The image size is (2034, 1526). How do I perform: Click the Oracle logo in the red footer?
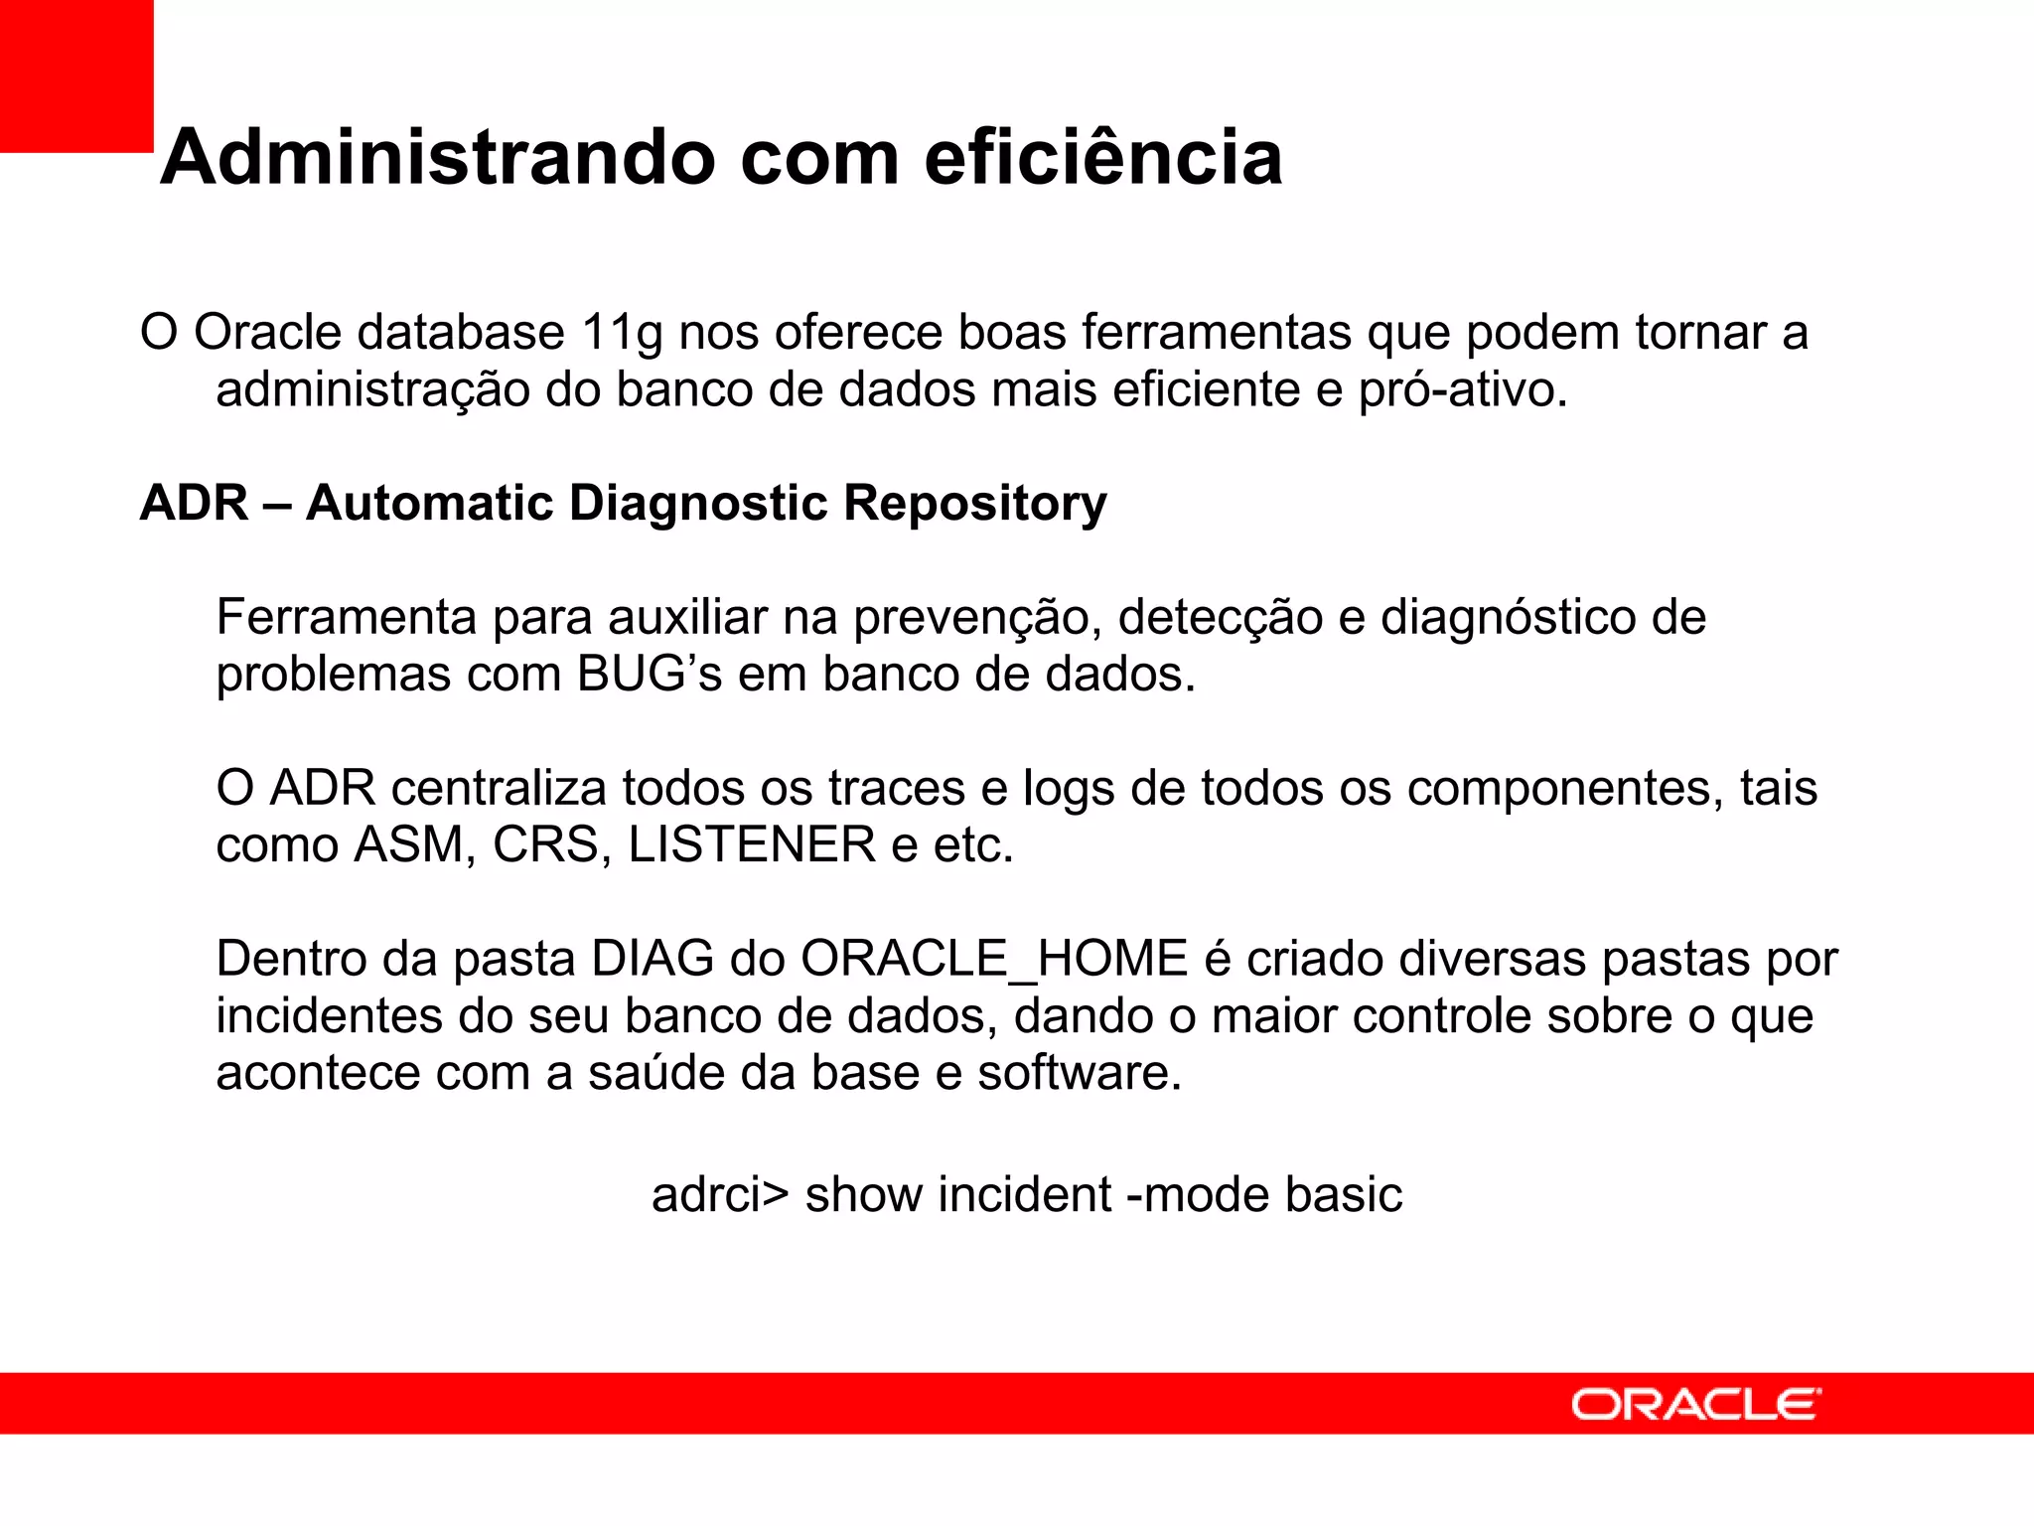(1695, 1405)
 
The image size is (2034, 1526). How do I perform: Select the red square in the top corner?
(75, 76)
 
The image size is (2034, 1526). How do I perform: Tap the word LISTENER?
(752, 845)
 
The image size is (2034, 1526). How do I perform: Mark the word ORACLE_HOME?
(994, 960)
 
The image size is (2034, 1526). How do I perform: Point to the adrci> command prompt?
(719, 1195)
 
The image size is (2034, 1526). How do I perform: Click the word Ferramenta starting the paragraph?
(347, 618)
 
